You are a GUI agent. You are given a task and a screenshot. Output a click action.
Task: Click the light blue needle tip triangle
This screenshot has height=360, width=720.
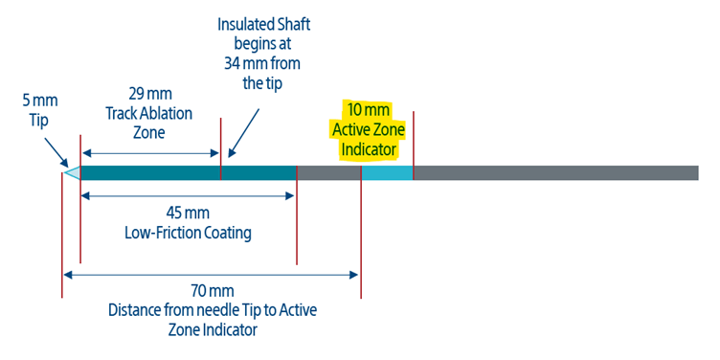click(x=75, y=173)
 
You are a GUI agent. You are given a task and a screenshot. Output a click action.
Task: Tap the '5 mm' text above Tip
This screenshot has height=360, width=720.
click(x=40, y=101)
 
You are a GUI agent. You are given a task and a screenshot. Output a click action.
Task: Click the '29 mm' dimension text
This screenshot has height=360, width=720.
click(x=149, y=95)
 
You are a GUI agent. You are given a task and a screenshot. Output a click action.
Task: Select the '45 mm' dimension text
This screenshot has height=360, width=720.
click(x=188, y=214)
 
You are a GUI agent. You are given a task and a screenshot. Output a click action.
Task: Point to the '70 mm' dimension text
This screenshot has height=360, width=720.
click(x=213, y=291)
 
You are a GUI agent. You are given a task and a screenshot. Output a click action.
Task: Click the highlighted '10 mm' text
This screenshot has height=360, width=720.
click(x=369, y=111)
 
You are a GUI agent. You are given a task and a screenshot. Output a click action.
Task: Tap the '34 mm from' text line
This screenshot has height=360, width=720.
click(x=262, y=63)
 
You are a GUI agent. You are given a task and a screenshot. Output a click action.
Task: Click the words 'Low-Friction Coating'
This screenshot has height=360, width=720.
click(x=188, y=234)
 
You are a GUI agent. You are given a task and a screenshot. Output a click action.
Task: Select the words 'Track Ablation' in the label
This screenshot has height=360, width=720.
click(x=149, y=114)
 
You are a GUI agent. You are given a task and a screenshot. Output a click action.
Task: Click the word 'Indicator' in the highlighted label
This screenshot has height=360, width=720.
click(x=369, y=150)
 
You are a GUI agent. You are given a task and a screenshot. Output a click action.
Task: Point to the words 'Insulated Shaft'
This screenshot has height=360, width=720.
click(x=263, y=24)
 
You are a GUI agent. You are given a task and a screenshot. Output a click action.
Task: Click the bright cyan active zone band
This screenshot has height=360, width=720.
click(x=387, y=172)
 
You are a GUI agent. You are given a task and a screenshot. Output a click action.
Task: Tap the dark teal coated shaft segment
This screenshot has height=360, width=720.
click(x=189, y=172)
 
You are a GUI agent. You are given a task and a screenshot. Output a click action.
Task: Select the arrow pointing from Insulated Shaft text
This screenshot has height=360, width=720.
click(x=244, y=133)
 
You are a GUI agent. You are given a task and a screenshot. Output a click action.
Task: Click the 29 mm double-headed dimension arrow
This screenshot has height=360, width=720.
click(x=150, y=153)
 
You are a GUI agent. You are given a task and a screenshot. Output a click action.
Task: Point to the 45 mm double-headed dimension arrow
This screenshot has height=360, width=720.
click(x=188, y=196)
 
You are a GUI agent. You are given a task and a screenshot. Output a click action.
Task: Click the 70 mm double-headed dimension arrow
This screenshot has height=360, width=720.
click(x=212, y=275)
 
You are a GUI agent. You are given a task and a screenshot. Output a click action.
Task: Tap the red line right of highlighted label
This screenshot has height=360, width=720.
click(x=414, y=146)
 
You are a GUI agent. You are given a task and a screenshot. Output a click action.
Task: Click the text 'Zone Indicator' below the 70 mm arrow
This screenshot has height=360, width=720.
click(x=213, y=330)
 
